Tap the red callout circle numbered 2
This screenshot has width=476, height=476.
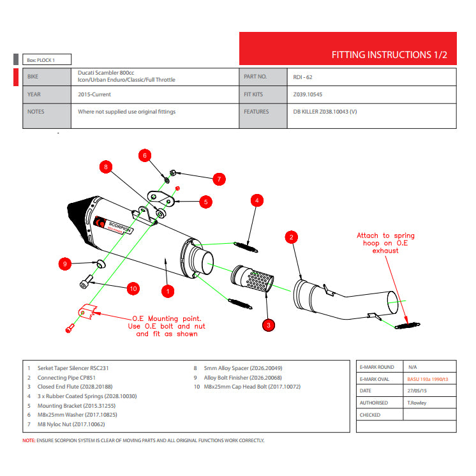291,238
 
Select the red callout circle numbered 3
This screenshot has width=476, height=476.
269,325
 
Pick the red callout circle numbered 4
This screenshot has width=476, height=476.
256,200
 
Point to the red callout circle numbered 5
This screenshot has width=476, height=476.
205,202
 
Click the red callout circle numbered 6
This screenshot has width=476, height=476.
145,156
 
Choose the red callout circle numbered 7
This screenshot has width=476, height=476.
218,179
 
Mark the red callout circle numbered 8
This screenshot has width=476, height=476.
107,167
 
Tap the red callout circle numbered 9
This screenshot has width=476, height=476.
64,263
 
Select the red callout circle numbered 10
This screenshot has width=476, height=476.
133,288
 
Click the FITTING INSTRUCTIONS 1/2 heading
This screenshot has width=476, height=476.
389,55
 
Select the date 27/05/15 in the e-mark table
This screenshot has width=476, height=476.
418,390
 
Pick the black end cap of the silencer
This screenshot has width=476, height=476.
80,214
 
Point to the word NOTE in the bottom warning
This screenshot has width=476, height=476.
29,440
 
